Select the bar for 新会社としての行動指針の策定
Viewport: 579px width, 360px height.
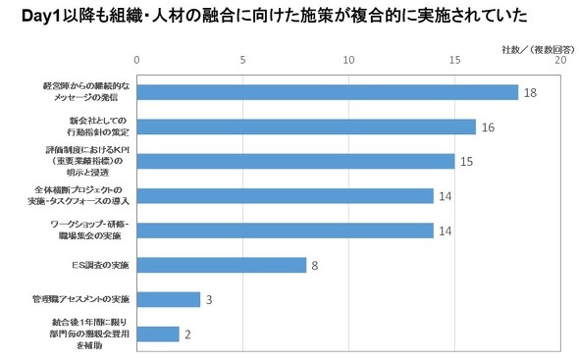coord(305,127)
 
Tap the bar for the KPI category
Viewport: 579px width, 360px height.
coord(294,161)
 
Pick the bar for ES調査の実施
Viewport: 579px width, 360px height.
coord(221,265)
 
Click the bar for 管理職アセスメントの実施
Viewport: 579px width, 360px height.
coord(168,299)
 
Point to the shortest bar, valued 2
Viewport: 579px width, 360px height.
coord(157,334)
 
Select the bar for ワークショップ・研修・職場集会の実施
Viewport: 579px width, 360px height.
coord(285,231)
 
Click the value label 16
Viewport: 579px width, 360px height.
coord(488,127)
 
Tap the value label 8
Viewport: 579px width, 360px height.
coord(315,265)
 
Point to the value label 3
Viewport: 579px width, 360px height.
coord(209,299)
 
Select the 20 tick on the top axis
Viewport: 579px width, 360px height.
coord(559,61)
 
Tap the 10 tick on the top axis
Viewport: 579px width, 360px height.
coord(348,61)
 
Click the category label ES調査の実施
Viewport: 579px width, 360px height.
coord(104,265)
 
